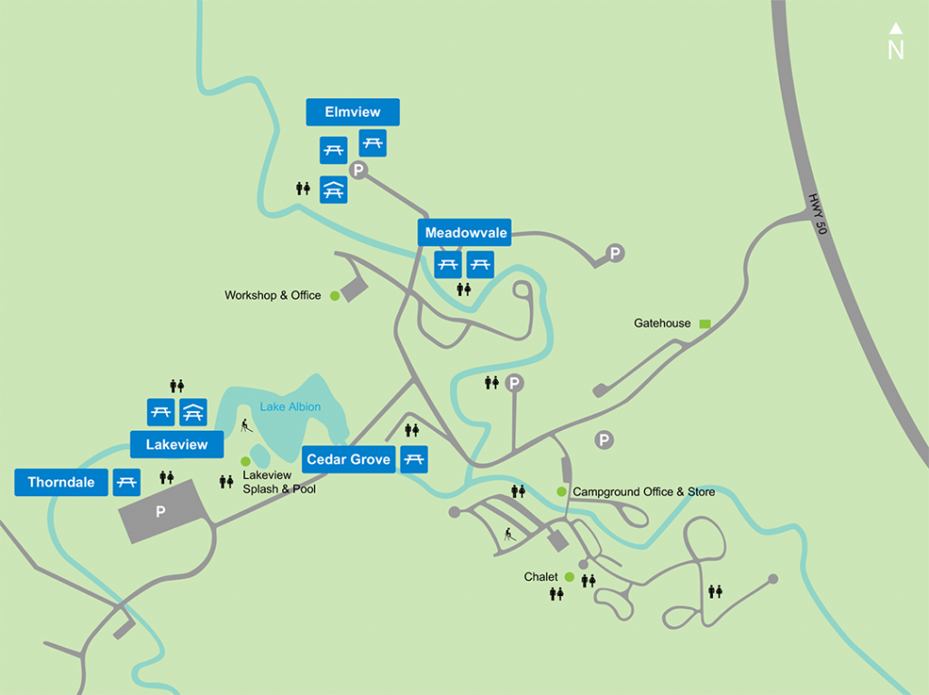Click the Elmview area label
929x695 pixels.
(353, 113)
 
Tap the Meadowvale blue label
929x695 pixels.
(466, 233)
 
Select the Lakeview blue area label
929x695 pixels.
(177, 445)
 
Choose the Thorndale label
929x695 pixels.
(61, 482)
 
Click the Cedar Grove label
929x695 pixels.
(348, 459)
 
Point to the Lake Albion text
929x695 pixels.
(290, 406)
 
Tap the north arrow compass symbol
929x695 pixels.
(895, 42)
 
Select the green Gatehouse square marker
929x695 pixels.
(704, 323)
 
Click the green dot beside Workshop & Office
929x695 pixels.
(334, 295)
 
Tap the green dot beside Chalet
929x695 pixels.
(569, 577)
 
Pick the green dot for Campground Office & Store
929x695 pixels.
(562, 492)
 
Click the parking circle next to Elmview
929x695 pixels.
(358, 170)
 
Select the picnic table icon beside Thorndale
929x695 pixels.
(126, 482)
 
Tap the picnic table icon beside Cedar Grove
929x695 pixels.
(414, 459)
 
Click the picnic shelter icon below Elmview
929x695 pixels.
(333, 189)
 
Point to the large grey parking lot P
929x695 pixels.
(161, 512)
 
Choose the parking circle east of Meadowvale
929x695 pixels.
(616, 253)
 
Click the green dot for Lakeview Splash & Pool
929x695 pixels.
(245, 461)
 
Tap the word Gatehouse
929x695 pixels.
(662, 323)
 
